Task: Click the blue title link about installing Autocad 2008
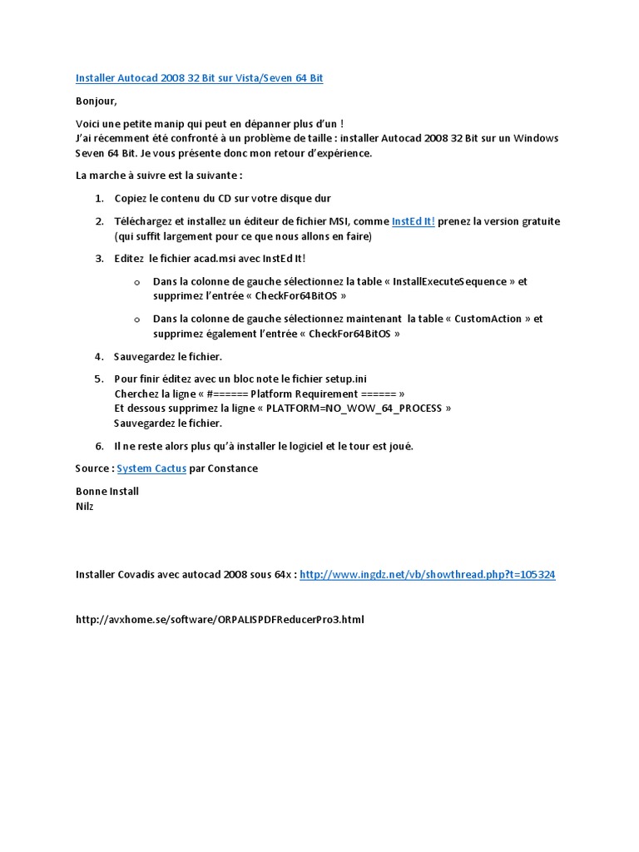pyautogui.click(x=199, y=78)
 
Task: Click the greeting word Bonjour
pyautogui.click(x=97, y=102)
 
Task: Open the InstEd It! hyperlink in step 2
pyautogui.click(x=413, y=221)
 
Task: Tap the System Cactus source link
pyautogui.click(x=151, y=468)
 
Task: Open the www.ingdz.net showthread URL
pyautogui.click(x=427, y=574)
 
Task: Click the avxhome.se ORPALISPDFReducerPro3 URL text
pyautogui.click(x=220, y=620)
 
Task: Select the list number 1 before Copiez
pyautogui.click(x=98, y=199)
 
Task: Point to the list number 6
pyautogui.click(x=99, y=446)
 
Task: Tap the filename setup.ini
pyautogui.click(x=339, y=379)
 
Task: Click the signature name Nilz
pyautogui.click(x=85, y=506)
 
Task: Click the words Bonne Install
pyautogui.click(x=107, y=491)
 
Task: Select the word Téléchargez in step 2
pyautogui.click(x=146, y=221)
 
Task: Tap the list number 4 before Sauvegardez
pyautogui.click(x=98, y=357)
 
